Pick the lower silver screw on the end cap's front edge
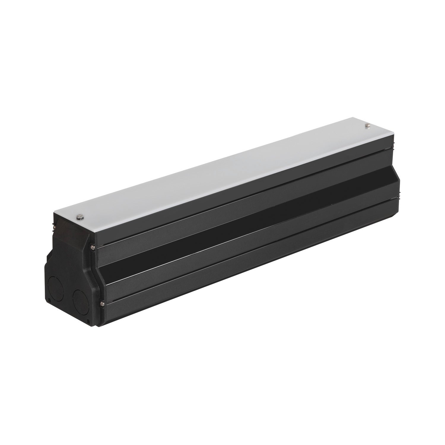pos(102,303)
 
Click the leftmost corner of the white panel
pos(54,212)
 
